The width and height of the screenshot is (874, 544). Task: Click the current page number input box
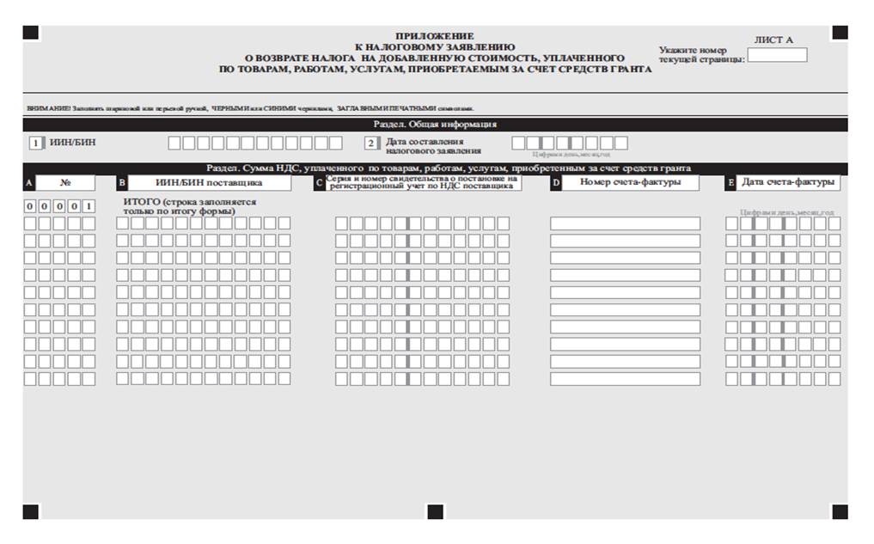tap(777, 55)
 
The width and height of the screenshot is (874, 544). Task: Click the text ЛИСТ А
tap(773, 40)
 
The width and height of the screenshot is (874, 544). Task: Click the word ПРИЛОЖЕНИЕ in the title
tap(434, 35)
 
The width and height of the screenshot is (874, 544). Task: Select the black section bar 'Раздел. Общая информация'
tap(435, 125)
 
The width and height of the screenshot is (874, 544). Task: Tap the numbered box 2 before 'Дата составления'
tap(371, 143)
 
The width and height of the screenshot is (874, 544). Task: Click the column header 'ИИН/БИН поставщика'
tap(208, 182)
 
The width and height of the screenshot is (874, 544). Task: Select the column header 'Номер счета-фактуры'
tap(629, 182)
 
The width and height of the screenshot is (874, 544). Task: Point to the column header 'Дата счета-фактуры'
tap(788, 182)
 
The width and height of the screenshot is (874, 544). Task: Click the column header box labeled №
tap(65, 182)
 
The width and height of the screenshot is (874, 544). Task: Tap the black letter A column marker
tap(29, 183)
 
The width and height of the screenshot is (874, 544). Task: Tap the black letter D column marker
tap(555, 183)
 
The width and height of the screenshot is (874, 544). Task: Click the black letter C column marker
tap(320, 183)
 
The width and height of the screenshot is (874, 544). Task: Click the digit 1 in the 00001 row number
tap(89, 206)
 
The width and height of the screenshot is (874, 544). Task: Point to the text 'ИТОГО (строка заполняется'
tap(190, 202)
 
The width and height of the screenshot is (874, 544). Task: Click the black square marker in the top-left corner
tap(30, 33)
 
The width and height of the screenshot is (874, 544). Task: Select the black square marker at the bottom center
tap(435, 512)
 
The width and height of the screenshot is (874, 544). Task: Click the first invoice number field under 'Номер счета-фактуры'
tap(625, 223)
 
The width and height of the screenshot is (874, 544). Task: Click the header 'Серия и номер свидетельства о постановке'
tap(422, 178)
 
